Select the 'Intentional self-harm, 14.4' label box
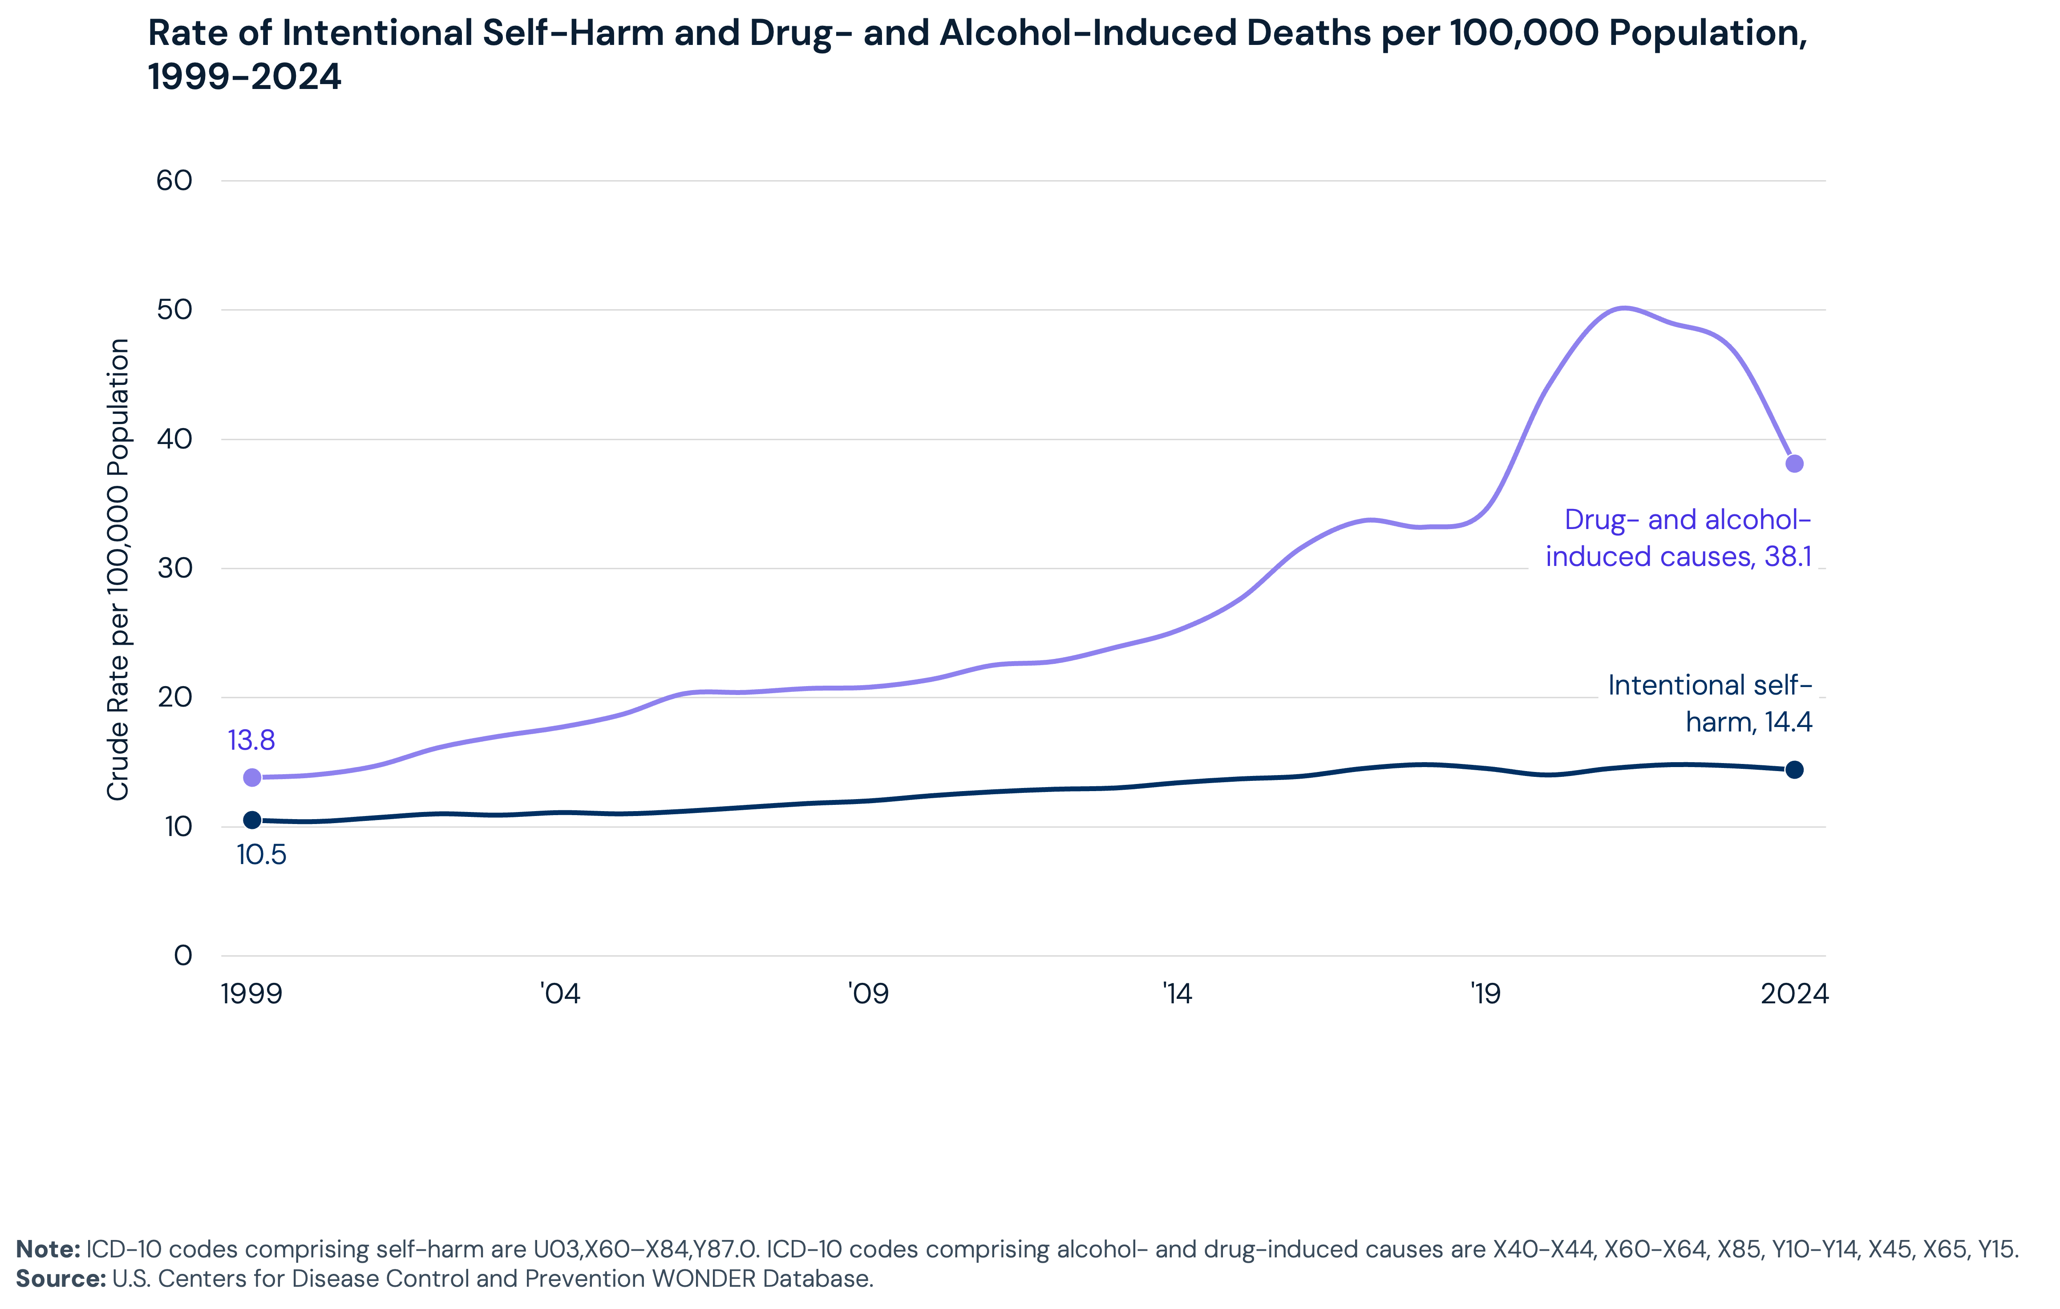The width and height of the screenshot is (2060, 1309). click(x=1708, y=703)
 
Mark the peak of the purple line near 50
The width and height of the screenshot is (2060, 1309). click(x=1623, y=307)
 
